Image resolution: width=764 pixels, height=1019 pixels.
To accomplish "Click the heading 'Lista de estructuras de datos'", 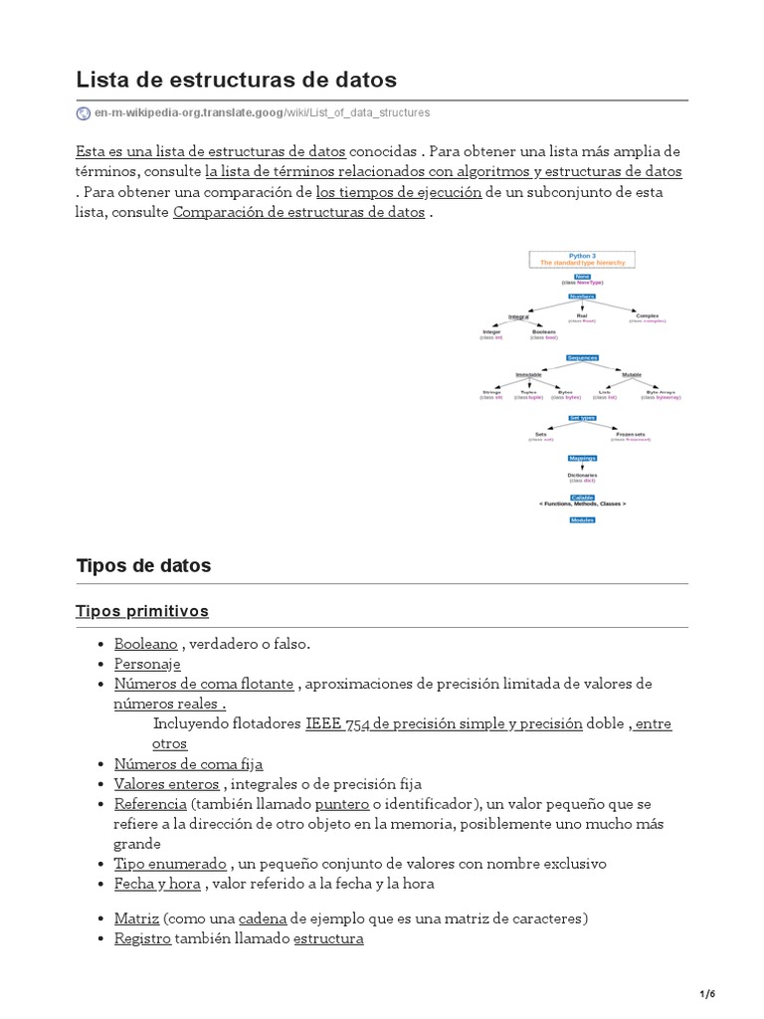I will (236, 79).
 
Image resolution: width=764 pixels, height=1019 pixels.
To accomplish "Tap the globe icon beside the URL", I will (84, 113).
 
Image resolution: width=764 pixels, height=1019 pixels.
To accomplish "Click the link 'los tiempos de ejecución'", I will (399, 191).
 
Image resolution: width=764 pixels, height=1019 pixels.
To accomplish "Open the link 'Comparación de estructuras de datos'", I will (298, 212).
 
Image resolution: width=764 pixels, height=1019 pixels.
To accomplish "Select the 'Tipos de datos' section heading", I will (143, 565).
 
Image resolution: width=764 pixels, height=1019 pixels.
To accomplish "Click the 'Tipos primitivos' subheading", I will (142, 610).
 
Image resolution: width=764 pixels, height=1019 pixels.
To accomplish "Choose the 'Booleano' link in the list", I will (145, 644).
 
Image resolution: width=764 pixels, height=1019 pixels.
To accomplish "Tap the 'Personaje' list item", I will (147, 664).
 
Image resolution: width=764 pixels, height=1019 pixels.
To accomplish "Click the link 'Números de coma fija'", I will (188, 763).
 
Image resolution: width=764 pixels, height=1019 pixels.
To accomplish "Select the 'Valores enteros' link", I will (166, 783).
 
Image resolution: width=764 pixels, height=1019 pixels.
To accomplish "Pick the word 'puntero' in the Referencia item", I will (342, 803).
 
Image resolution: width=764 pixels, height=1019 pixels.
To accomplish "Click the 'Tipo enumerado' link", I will (170, 863).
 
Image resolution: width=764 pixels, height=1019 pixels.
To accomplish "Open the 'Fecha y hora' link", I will (157, 883).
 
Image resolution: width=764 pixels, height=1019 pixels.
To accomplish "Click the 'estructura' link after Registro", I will (328, 937).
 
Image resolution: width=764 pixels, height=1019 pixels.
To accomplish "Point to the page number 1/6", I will (708, 994).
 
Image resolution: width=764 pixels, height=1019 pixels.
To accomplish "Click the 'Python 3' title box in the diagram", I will (582, 260).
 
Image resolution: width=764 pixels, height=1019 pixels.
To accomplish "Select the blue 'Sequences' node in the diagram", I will (582, 357).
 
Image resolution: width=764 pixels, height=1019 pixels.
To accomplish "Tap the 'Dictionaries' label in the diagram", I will (582, 476).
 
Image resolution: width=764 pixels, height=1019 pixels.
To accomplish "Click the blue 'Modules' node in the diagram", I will (582, 519).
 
